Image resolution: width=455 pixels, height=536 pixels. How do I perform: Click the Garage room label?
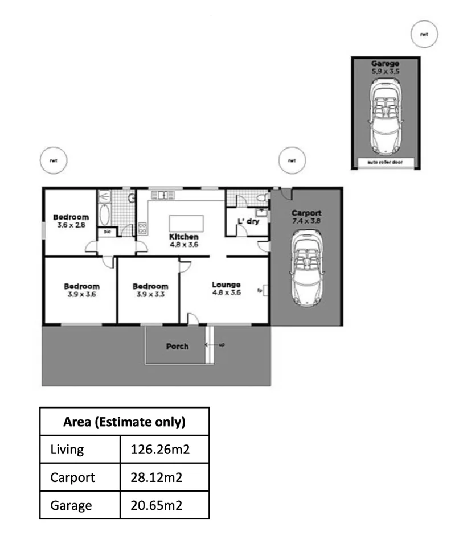(385, 64)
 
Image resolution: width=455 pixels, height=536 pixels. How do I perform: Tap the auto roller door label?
(386, 162)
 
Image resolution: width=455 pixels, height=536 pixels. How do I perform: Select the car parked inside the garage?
(386, 116)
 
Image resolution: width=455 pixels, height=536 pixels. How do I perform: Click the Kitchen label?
(183, 236)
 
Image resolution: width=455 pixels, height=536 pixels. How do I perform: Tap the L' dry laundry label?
(249, 221)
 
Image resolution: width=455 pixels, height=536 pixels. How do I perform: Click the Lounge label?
(226, 285)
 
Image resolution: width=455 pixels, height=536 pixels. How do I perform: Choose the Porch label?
(177, 346)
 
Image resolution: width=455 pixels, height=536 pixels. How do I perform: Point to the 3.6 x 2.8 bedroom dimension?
(71, 225)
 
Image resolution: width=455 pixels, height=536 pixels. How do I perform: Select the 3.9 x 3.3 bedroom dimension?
(150, 294)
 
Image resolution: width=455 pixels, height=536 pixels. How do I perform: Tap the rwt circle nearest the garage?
(424, 34)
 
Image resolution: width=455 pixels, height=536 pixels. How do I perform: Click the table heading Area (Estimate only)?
(124, 422)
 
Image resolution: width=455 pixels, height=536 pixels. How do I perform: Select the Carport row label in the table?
(72, 477)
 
